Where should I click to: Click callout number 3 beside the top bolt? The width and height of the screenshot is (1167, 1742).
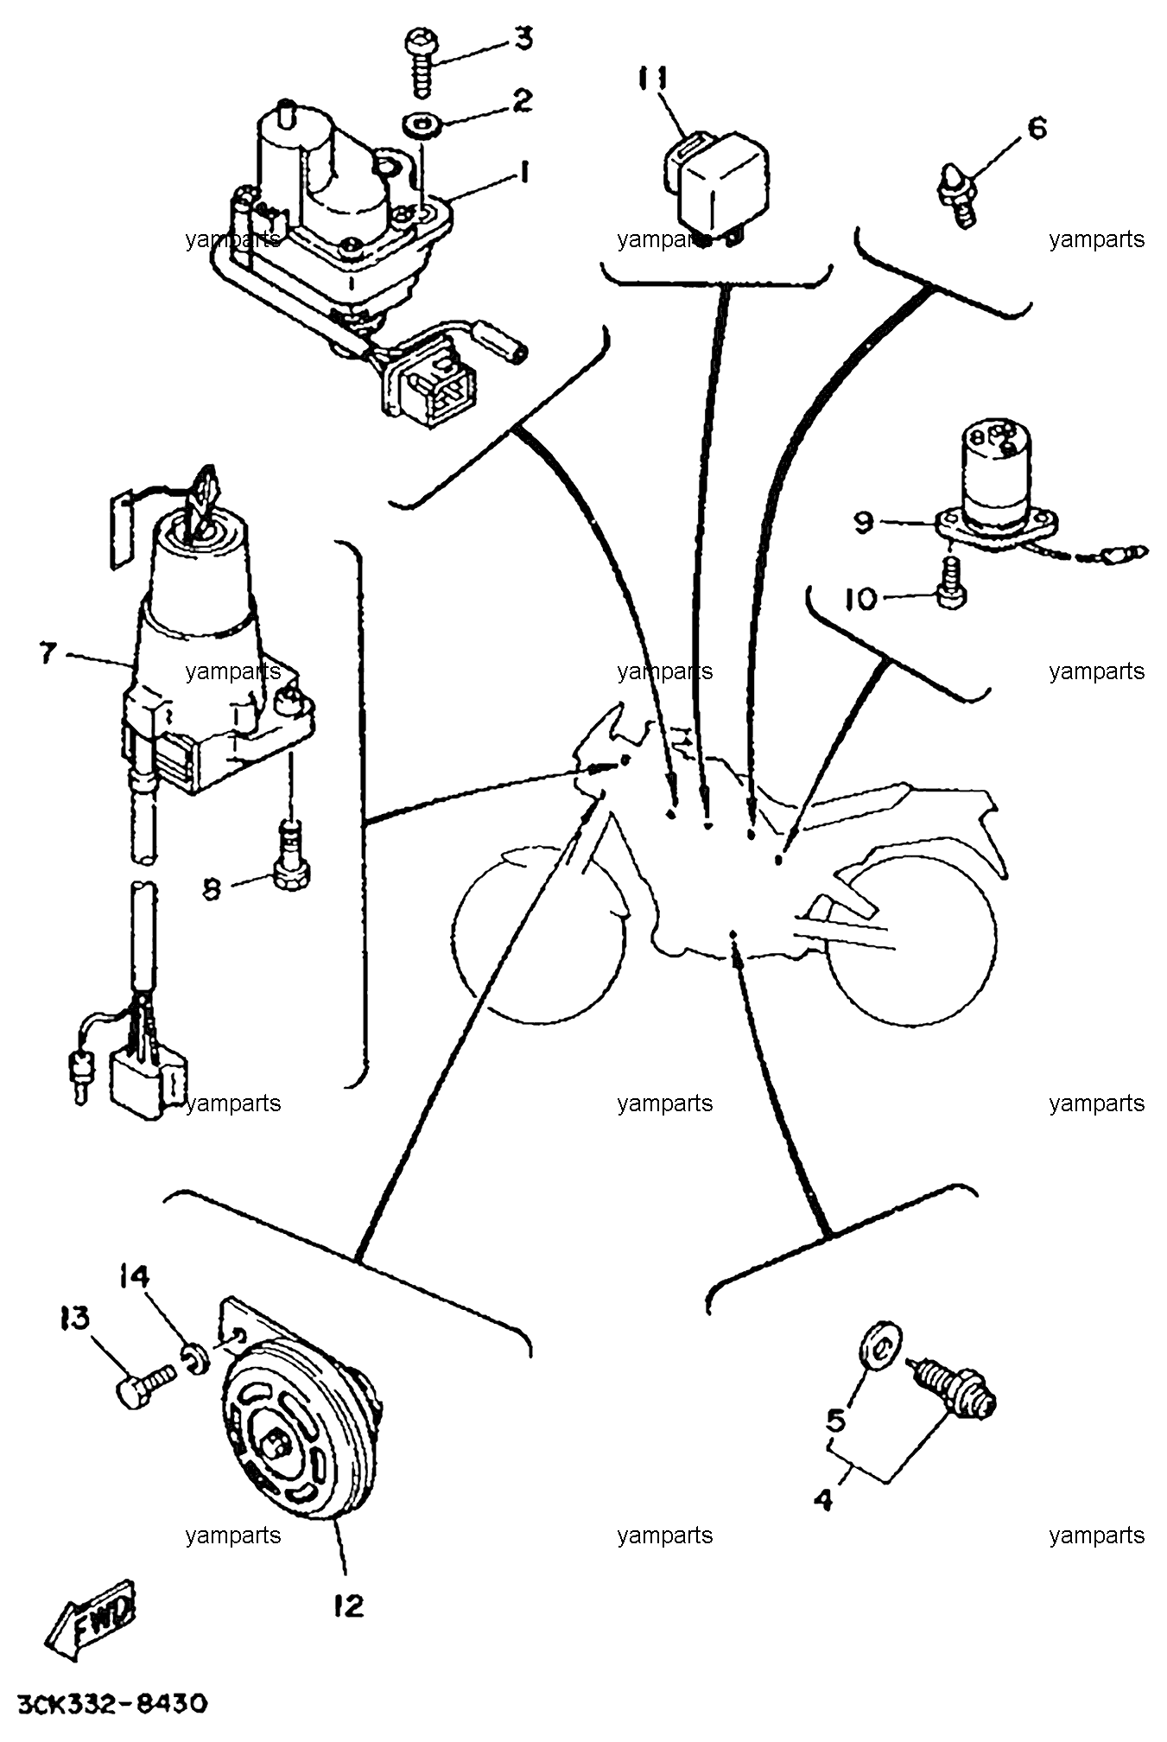pos(524,39)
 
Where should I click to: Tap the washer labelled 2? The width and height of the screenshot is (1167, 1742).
pos(422,124)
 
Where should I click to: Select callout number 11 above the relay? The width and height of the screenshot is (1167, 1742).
pos(654,79)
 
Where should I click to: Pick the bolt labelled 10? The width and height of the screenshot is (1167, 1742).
pos(952,584)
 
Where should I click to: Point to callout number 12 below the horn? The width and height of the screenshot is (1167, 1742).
pos(350,1606)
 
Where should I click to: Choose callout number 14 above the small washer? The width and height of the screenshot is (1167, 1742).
pos(135,1275)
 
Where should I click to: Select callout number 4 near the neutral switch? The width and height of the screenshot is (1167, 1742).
pos(824,1499)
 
